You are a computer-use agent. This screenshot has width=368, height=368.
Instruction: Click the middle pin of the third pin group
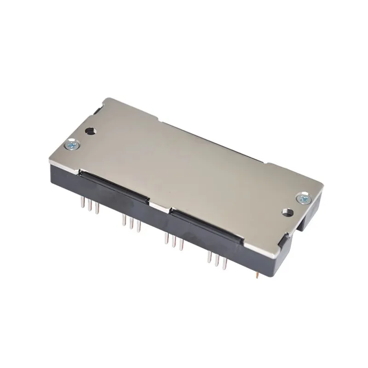[173, 242]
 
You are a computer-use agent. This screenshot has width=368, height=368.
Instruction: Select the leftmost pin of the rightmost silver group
[209, 258]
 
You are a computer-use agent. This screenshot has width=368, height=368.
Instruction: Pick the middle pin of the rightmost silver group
[217, 261]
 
